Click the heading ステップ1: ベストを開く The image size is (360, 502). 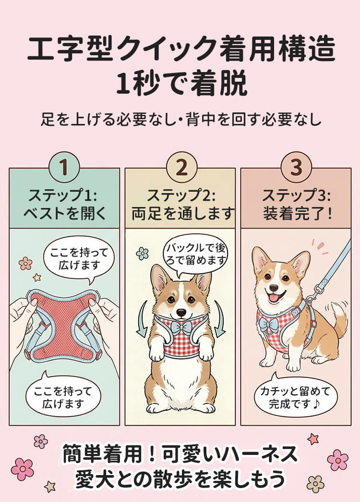(64, 204)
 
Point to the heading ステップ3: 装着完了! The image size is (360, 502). (297, 204)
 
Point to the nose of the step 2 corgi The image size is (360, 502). (181, 312)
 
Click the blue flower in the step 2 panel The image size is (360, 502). (143, 254)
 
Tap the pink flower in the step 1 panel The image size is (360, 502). (25, 263)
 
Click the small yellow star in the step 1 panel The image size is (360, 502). (37, 277)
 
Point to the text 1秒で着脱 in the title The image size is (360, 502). (181, 84)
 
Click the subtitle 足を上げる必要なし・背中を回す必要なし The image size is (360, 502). (181, 119)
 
